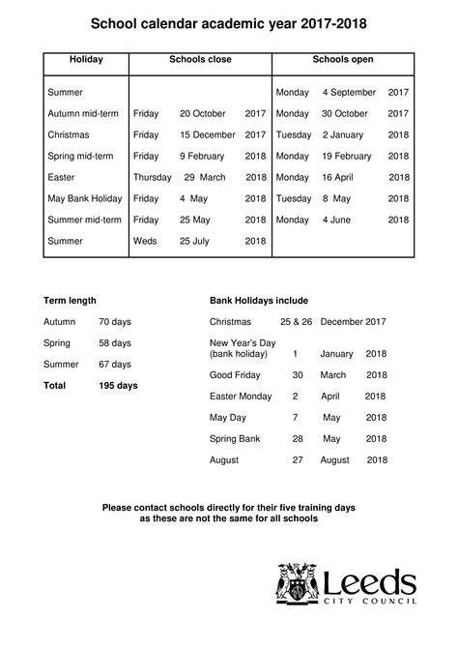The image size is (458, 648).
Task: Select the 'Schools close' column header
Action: pos(199,60)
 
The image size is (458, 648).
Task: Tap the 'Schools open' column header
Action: pos(342,60)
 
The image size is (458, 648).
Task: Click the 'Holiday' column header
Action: pos(86,60)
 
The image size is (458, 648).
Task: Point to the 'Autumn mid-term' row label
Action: pos(83,113)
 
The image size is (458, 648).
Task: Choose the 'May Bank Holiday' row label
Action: pos(85,198)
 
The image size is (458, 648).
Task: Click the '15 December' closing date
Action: pos(207,134)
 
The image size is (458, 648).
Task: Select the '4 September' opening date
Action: pos(349,92)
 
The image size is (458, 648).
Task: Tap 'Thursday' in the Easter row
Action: pos(152,177)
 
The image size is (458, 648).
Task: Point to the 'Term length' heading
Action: pos(70,301)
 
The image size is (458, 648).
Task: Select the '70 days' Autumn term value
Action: pos(115,322)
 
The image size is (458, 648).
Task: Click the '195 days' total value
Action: pos(118,385)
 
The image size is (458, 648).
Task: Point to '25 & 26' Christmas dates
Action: pos(296,322)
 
